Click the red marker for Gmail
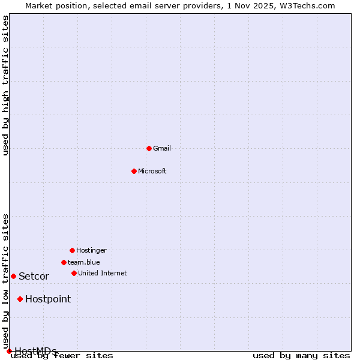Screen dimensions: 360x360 [x=149, y=148]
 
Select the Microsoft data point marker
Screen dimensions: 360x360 [x=134, y=171]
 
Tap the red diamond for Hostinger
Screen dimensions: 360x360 [x=72, y=250]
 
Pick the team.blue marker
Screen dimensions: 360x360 [x=64, y=262]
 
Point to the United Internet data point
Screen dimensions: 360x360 [x=74, y=273]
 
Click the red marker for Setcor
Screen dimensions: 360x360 [x=13, y=276]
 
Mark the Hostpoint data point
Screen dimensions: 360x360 [x=20, y=299]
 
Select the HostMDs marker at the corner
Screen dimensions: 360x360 [x=9, y=351]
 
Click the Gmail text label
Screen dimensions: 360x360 [x=162, y=148]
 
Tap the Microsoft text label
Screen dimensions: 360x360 [x=152, y=171]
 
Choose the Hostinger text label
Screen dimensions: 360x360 [x=91, y=250]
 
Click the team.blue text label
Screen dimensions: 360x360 [x=84, y=262]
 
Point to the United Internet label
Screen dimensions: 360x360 [x=103, y=273]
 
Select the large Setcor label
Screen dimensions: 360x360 [x=34, y=276]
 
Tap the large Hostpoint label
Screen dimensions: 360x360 [x=48, y=299]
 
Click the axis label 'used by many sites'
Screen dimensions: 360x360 [x=301, y=355]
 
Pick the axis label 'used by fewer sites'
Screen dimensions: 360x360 [x=62, y=355]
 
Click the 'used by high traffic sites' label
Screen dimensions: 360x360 [x=5, y=85]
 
